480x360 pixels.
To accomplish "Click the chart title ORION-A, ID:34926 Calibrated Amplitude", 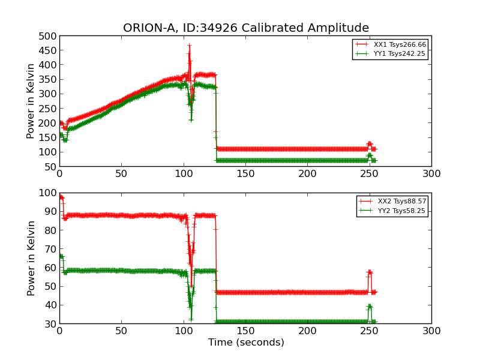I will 246,28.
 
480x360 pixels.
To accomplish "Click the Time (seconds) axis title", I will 246,343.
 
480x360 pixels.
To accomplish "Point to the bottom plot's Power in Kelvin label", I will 31,258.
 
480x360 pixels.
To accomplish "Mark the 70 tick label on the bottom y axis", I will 50,249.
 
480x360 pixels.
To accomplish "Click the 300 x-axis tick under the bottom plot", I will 431,331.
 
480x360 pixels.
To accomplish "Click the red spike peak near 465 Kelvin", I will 189,46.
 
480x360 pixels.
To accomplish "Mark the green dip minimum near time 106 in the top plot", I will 191,119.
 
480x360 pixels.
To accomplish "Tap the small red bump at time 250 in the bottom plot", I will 370,272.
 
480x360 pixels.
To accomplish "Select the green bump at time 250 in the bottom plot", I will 370,306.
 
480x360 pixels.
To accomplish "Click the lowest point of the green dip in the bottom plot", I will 191,319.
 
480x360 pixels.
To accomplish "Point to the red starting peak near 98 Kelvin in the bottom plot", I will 61,197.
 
